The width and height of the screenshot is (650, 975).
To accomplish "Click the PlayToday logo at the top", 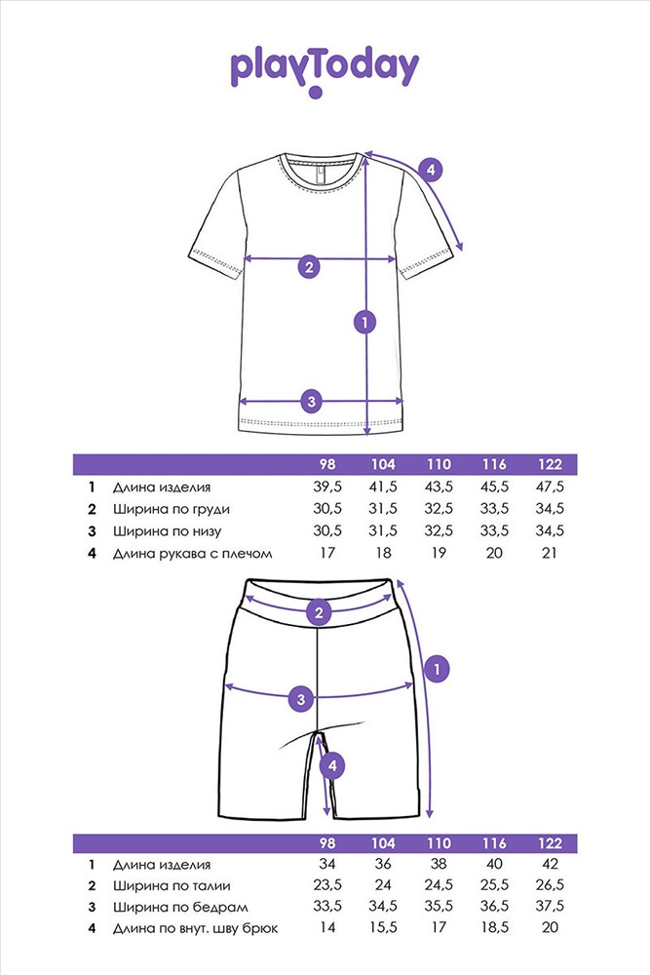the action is pyautogui.click(x=325, y=71).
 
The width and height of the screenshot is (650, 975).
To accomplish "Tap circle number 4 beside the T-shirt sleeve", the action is pyautogui.click(x=430, y=170).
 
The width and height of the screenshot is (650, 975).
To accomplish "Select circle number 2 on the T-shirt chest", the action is pyautogui.click(x=309, y=267).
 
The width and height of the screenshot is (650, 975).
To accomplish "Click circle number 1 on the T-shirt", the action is pyautogui.click(x=364, y=322).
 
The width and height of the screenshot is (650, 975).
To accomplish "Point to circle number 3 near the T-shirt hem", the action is pyautogui.click(x=311, y=401).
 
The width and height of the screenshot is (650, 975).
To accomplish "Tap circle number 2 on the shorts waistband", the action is pyautogui.click(x=319, y=612).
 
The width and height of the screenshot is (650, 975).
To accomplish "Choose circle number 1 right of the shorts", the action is pyautogui.click(x=437, y=669).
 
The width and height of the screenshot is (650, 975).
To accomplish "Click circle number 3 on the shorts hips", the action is pyautogui.click(x=301, y=699).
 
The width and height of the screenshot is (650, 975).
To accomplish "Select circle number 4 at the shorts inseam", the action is pyautogui.click(x=332, y=765).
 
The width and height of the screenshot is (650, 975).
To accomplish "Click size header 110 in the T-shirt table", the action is pyautogui.click(x=439, y=464).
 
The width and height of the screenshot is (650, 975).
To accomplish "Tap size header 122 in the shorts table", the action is pyautogui.click(x=550, y=843).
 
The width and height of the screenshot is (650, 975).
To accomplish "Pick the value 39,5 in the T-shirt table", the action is pyautogui.click(x=327, y=487).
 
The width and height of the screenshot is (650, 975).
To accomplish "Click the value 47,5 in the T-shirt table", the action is pyautogui.click(x=550, y=487).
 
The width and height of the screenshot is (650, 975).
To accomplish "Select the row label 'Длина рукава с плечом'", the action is pyautogui.click(x=193, y=554).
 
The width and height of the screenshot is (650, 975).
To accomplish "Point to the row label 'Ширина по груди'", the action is pyautogui.click(x=172, y=509).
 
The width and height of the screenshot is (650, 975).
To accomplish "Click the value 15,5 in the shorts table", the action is pyautogui.click(x=383, y=928).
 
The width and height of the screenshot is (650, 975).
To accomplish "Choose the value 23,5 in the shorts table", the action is pyautogui.click(x=327, y=885).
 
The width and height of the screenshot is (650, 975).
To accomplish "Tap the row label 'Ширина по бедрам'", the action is pyautogui.click(x=180, y=907).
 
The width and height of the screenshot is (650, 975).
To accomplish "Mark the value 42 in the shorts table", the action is pyautogui.click(x=550, y=864).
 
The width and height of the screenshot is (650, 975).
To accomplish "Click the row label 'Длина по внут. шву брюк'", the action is pyautogui.click(x=196, y=929).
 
